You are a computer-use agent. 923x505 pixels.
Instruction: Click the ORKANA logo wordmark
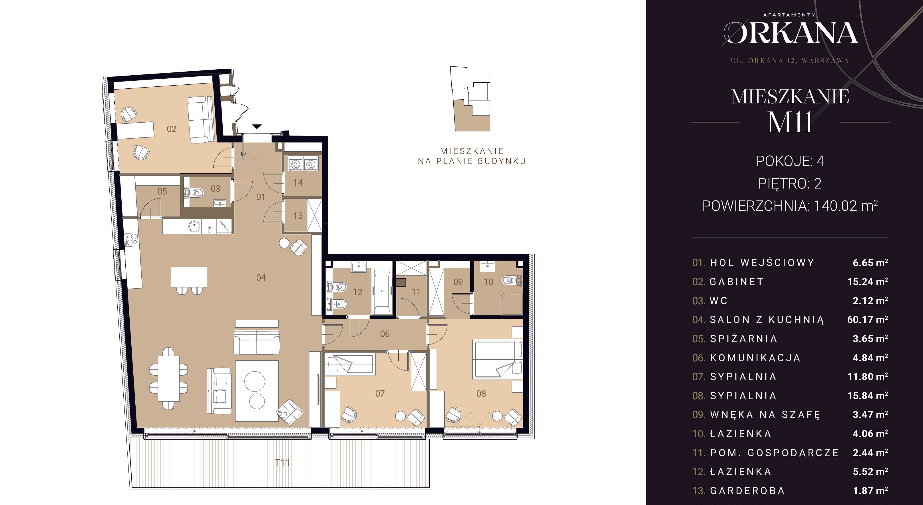tap(790, 33)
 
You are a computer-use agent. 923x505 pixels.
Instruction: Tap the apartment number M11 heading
tap(790, 122)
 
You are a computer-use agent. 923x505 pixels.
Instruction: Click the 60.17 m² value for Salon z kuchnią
tap(867, 320)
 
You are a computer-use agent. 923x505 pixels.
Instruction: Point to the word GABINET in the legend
tap(737, 282)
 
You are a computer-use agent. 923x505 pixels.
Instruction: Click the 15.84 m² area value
tap(867, 396)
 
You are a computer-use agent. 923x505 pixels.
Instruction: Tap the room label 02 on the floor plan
tap(172, 129)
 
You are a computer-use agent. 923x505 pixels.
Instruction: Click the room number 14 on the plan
tap(298, 182)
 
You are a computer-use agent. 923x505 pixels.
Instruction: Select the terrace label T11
tap(282, 463)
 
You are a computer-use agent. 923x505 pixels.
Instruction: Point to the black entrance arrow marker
tap(257, 126)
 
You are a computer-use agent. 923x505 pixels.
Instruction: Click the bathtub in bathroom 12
tap(382, 292)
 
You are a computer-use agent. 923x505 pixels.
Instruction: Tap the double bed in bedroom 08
tap(498, 360)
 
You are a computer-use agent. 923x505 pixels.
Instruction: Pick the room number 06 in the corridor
tap(385, 334)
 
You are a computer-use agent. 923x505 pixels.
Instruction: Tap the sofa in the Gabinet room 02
tap(201, 119)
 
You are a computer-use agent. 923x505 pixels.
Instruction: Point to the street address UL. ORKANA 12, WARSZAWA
tap(790, 61)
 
